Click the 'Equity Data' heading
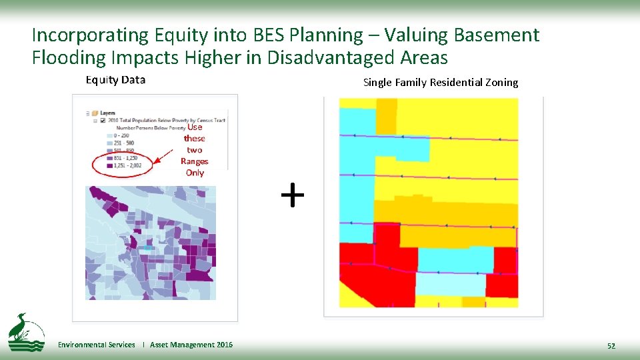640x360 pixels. pos(115,80)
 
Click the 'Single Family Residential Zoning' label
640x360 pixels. pos(440,83)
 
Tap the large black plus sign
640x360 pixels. pos(292,196)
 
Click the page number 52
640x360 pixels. pos(611,345)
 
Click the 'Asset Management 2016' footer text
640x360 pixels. pos(191,345)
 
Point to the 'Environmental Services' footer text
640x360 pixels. pos(96,345)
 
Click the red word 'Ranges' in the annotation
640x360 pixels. pos(195,161)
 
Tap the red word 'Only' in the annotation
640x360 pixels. pos(195,173)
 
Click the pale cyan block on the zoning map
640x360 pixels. pos(450,285)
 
